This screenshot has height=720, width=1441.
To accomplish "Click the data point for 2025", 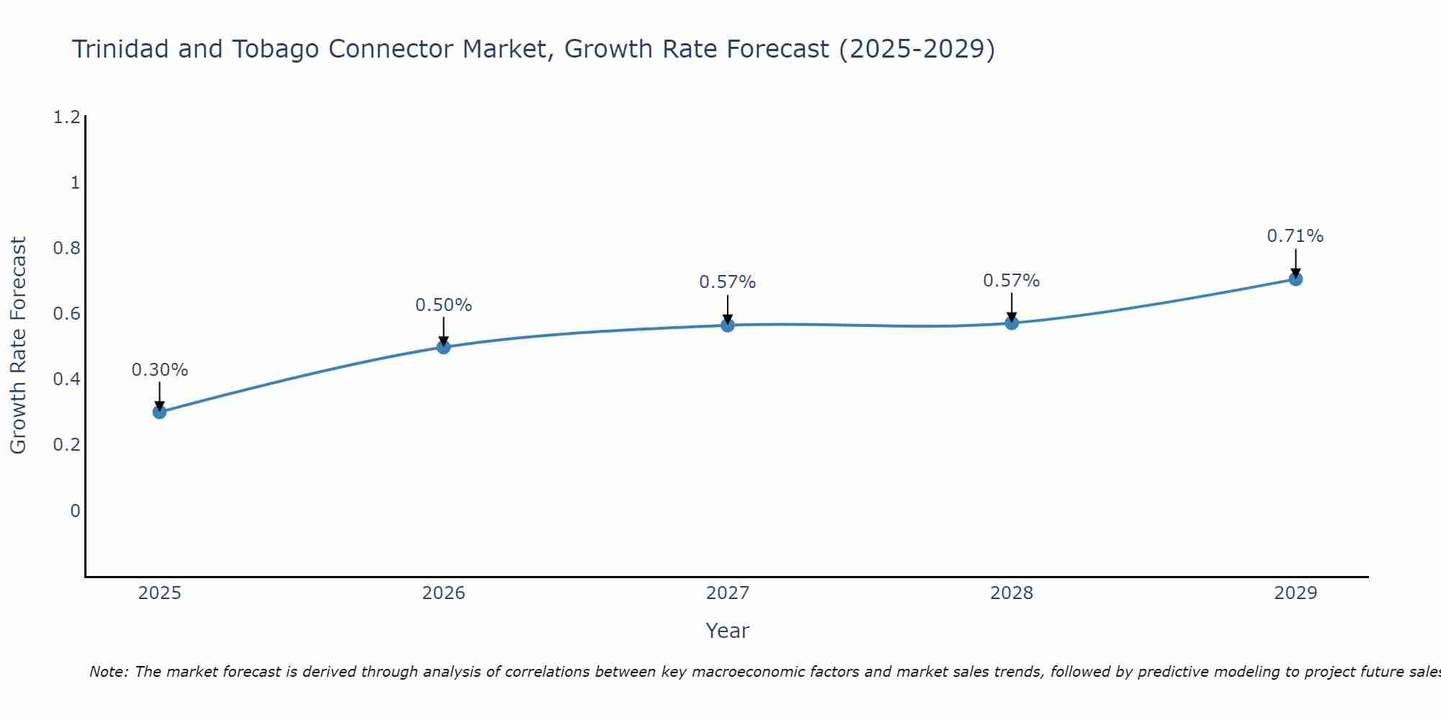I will coord(159,412).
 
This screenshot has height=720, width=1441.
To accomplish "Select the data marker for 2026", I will coord(443,347).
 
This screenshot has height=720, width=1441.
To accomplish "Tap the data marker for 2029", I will coord(1295,279).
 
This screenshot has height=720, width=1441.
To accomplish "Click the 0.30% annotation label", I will coord(159,370).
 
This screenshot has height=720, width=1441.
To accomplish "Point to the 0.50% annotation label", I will coord(443,305).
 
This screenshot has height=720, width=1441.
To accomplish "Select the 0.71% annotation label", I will coord(1295,236).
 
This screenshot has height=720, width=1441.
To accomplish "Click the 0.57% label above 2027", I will coord(727,282).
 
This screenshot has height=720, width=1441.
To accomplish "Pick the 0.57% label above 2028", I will coord(1011,281).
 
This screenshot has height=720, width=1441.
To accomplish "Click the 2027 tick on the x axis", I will coord(727,593).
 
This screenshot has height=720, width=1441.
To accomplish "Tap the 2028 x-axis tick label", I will coord(1011,593).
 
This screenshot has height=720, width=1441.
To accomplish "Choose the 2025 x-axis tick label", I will coord(159,593).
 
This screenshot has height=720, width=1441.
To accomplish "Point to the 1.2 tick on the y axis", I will coord(66,117).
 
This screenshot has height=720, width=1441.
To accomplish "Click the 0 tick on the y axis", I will coord(75,511).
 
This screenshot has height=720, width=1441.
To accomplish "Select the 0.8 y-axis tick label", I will coord(66,248).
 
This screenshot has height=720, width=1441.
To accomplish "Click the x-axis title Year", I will coord(727,631).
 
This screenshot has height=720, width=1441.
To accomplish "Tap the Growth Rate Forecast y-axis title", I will coord(18,346).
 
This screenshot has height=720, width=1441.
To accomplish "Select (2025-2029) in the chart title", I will coord(916,49).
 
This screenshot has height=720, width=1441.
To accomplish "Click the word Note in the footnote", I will coord(108,672).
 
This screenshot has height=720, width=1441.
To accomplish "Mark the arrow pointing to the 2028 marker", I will coord(1011,308).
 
